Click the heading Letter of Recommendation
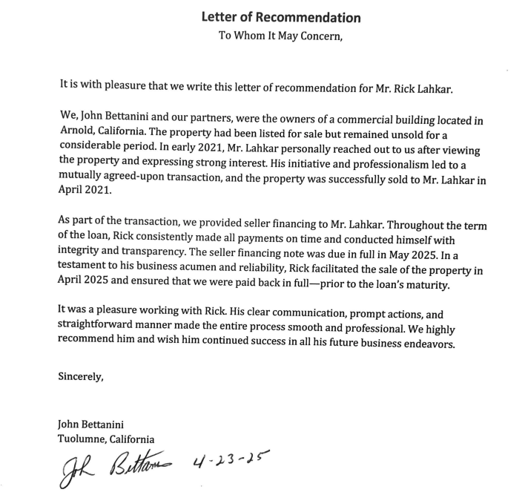(x=281, y=17)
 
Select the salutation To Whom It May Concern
(x=280, y=36)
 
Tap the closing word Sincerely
(x=81, y=376)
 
